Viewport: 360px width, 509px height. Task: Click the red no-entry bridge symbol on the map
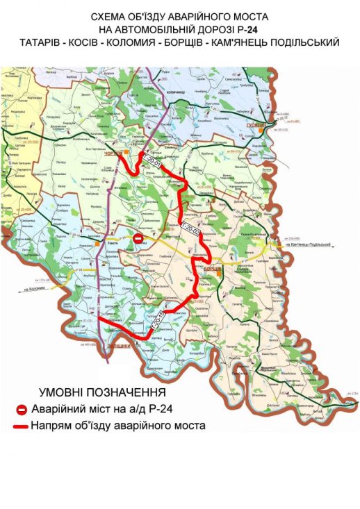pyautogui.click(x=138, y=238)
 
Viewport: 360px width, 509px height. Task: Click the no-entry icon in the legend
pyautogui.click(x=22, y=410)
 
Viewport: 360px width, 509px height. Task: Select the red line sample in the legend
pyautogui.click(x=21, y=426)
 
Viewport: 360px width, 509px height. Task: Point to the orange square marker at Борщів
pyautogui.click(x=218, y=274)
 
